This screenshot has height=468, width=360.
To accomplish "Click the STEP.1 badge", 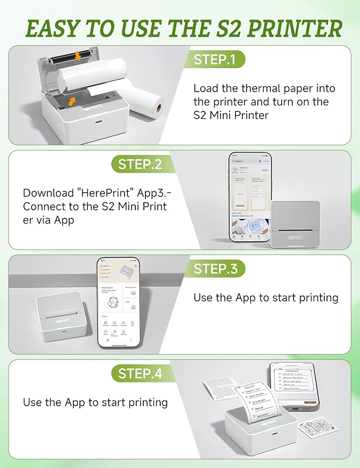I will point(215,59).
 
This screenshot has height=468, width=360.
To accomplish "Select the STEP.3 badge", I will point(215,269).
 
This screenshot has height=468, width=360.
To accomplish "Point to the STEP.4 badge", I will point(140,373).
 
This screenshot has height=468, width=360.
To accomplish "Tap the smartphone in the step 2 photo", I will point(250,198).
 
